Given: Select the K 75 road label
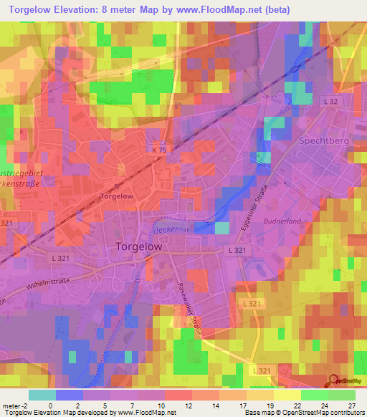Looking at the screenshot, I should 159,150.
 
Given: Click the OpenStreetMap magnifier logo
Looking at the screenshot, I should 333,380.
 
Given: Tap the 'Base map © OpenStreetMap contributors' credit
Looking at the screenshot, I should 305,413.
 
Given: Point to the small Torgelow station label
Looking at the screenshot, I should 116,196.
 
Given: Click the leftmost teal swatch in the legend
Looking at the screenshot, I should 42,395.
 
